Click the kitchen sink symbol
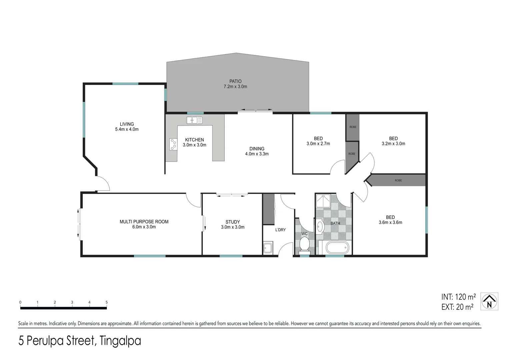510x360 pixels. coord(194,120)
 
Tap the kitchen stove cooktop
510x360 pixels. coord(173,144)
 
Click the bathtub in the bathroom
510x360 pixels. coord(338,248)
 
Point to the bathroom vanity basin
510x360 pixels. coord(320,226)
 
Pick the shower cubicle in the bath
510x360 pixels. coord(323,201)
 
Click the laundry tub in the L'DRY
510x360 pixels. coord(268,248)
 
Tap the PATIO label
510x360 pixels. coord(235,81)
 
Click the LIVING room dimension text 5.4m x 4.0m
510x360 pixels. coord(127,129)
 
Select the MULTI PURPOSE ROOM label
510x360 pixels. coord(144,222)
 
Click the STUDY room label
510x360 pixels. coord(233,222)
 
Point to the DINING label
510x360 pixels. coord(257,149)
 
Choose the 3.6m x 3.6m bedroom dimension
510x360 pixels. coord(390,223)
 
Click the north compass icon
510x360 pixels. coord(489,301)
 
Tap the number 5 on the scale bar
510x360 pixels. coord(107,303)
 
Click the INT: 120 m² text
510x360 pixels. coord(458,297)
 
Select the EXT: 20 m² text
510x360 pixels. coord(457,307)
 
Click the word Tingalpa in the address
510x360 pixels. coord(120,341)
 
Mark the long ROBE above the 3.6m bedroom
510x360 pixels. coord(398,180)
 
